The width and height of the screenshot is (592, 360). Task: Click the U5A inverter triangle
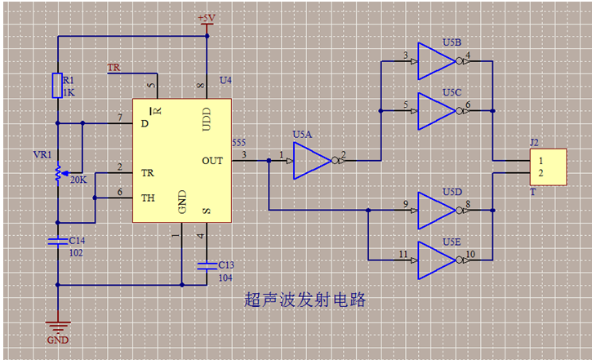click(x=310, y=161)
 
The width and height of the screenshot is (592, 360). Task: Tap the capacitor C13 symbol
click(x=206, y=264)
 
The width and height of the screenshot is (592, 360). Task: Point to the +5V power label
click(x=207, y=18)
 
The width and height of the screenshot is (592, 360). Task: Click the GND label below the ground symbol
click(x=58, y=340)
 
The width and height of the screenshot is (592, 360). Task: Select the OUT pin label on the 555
click(x=212, y=161)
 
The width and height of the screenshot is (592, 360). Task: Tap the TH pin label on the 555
click(x=148, y=197)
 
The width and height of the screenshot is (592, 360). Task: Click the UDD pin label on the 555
click(x=205, y=118)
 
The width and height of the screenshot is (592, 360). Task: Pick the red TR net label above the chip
click(x=114, y=67)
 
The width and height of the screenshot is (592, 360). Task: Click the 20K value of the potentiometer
click(x=79, y=180)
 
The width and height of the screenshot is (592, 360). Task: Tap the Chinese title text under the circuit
click(x=305, y=300)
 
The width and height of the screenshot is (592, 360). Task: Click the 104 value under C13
click(x=225, y=278)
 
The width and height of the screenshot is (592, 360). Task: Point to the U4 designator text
click(x=226, y=80)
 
